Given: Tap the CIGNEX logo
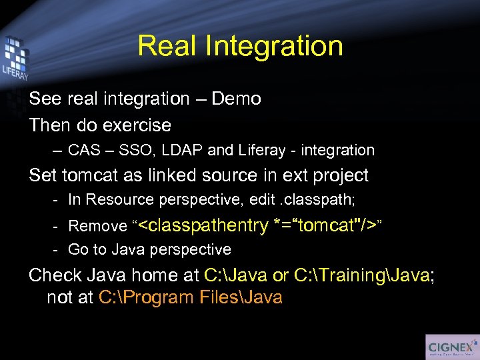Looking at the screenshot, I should (x=451, y=346).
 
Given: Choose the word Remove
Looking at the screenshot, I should (x=97, y=227).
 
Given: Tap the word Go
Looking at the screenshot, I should (x=78, y=250).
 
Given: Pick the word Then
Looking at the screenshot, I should (x=48, y=125).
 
